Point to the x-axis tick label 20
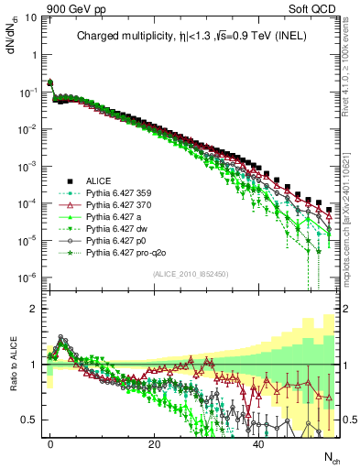pos(154,443)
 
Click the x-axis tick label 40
pos(258,443)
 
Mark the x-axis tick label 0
pos(50,443)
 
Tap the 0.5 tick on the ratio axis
pos(31,420)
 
